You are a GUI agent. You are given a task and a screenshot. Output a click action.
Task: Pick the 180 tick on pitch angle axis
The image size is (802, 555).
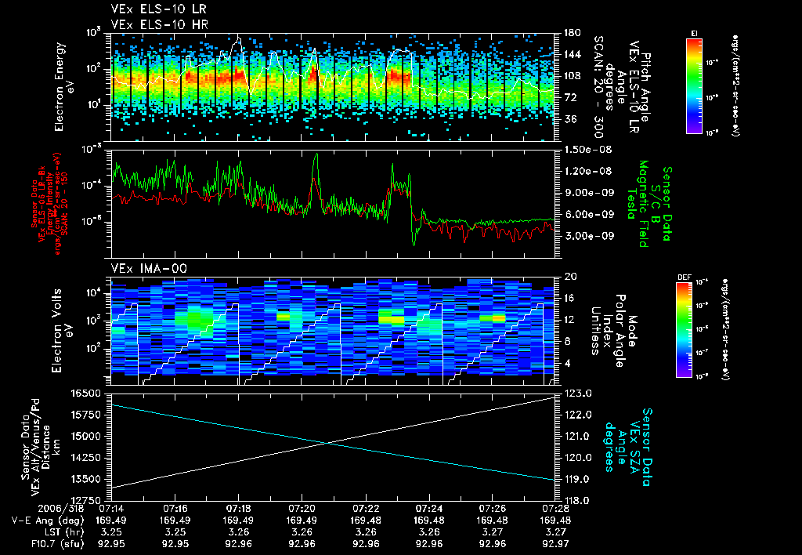(570, 33)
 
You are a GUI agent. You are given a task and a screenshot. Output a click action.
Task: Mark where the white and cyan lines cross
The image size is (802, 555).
(327, 443)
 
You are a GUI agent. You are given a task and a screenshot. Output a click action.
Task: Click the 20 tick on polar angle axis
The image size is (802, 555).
(569, 277)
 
